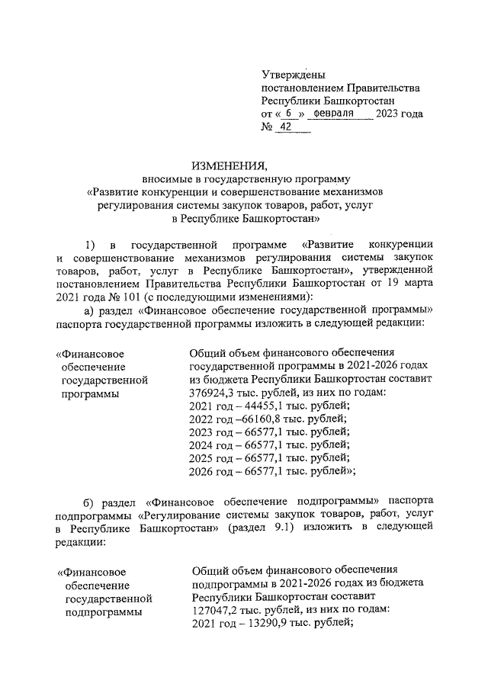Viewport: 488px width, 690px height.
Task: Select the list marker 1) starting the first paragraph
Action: pyautogui.click(x=91, y=245)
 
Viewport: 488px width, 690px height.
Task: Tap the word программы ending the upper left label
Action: pyautogui.click(x=91, y=393)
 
